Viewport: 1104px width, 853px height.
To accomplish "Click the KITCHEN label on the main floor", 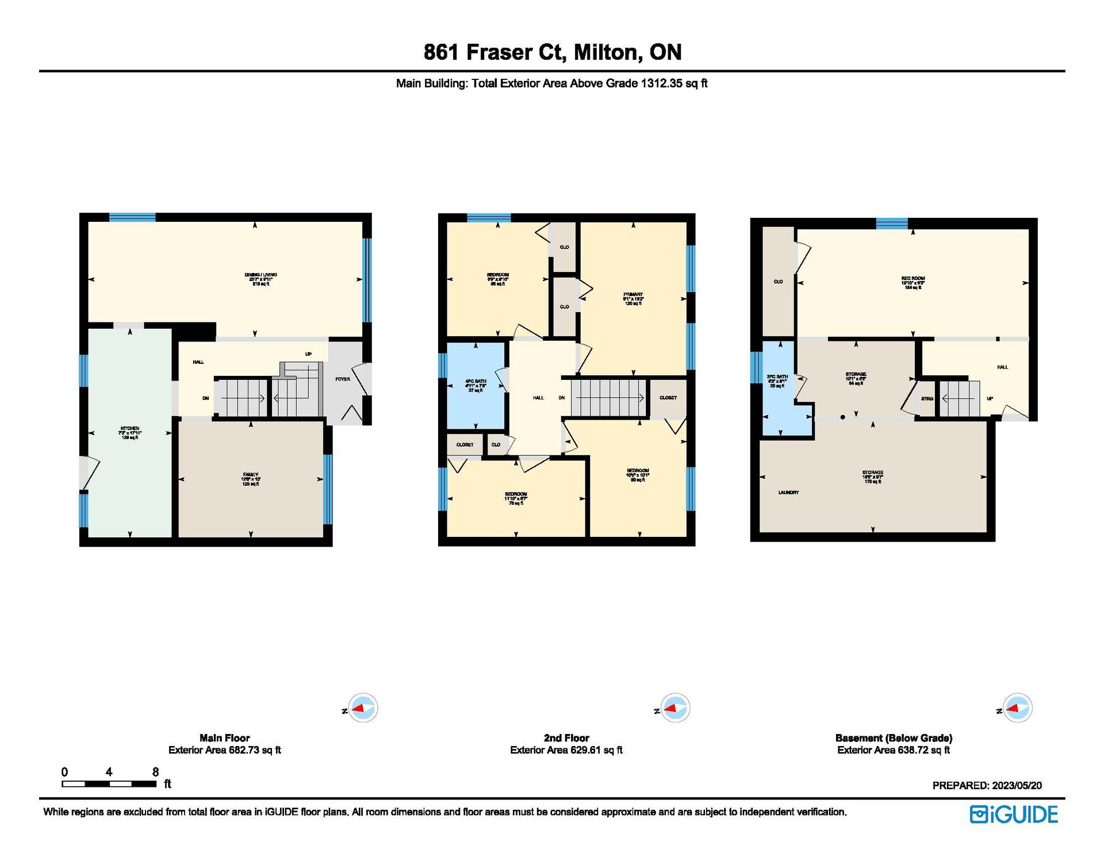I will coord(129,428).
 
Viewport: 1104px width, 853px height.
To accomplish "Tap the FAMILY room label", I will coord(250,475).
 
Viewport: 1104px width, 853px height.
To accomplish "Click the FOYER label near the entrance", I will coord(343,379).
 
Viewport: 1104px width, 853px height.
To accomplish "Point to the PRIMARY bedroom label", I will coord(633,294).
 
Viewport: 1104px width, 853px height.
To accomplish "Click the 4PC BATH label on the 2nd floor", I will coord(476,381).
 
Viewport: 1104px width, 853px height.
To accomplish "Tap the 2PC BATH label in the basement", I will coord(777,376).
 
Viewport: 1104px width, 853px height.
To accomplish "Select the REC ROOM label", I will coord(913,279).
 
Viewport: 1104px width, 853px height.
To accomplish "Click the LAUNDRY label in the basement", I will coord(788,493).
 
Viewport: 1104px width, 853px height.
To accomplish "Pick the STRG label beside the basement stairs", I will coord(927,398).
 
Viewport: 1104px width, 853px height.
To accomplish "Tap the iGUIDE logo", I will coord(1014,814).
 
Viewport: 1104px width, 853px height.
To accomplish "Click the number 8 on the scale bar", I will coord(155,772).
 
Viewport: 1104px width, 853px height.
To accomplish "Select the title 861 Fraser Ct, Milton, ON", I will coord(552,52).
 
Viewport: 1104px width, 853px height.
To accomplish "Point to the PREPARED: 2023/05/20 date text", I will coord(987,785).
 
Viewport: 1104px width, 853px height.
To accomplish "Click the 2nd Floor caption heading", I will coord(566,737).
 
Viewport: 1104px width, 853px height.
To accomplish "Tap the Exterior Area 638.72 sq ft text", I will coord(894,750).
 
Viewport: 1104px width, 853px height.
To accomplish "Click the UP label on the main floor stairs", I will coord(308,354).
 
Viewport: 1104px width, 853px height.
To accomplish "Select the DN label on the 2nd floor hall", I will coord(562,398).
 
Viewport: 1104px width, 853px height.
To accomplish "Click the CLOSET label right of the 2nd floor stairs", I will coord(668,398).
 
